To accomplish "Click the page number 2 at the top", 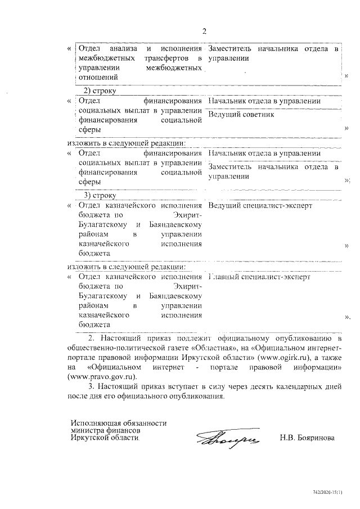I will (x=205, y=31).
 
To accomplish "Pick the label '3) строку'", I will (x=100, y=195).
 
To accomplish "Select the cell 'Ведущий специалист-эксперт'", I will (x=260, y=205).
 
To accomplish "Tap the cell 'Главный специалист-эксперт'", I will (x=259, y=277).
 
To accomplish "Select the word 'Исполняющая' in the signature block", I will (x=95, y=422).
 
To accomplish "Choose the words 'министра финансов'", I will (x=105, y=430).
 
